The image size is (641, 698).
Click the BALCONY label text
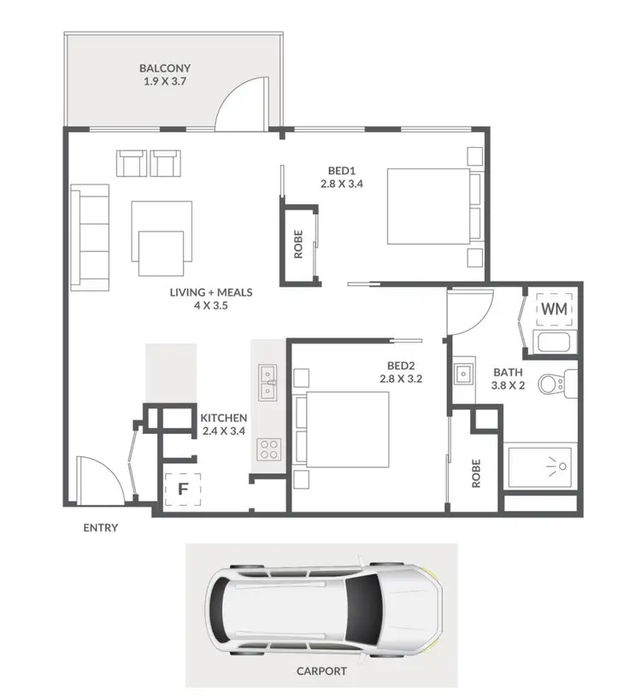tap(167, 67)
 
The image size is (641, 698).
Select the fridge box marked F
tap(182, 490)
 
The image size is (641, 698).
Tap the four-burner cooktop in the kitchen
tap(269, 449)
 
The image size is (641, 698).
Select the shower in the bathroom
tap(543, 467)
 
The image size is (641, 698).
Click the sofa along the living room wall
tap(90, 236)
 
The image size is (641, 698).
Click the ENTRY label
tap(100, 528)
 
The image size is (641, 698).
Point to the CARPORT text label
tap(320, 671)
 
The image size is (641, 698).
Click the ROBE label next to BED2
tap(476, 473)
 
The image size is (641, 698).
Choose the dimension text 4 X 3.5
tap(211, 305)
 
